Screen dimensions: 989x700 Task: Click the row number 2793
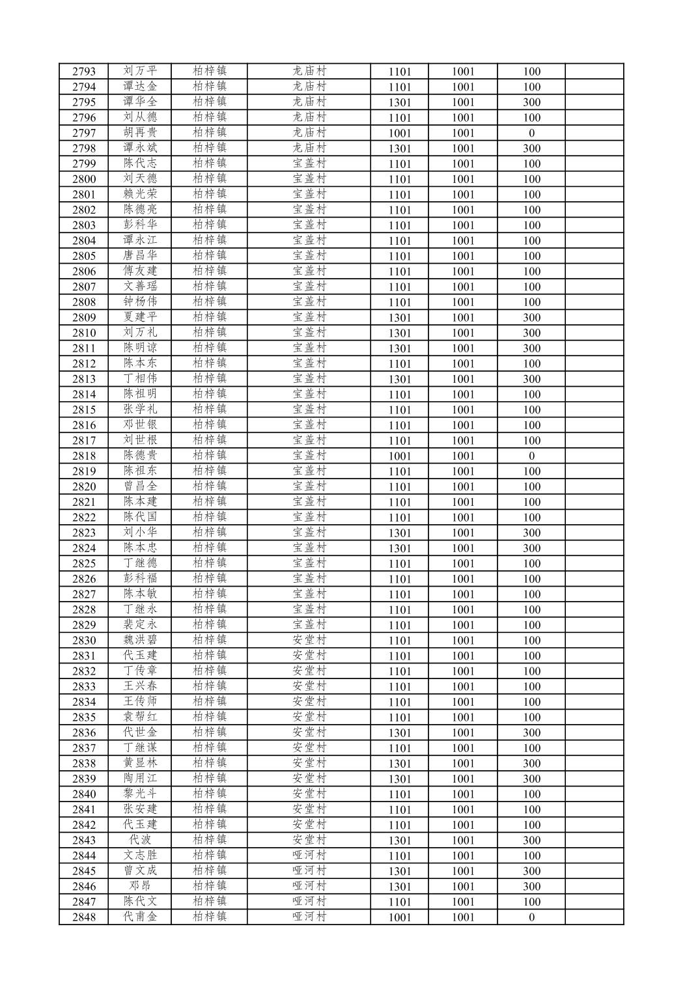point(84,72)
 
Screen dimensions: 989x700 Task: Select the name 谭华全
point(140,102)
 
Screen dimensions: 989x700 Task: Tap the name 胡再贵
point(140,133)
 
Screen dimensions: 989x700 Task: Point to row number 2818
point(84,456)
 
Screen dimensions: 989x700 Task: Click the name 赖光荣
point(140,194)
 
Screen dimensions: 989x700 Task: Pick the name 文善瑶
point(140,286)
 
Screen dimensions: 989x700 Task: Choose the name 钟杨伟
point(140,301)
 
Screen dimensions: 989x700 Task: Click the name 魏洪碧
point(140,640)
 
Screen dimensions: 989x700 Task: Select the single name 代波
point(140,840)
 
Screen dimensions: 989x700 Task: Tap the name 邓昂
point(140,886)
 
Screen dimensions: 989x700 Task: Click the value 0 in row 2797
point(531,133)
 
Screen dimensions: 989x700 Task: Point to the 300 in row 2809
point(531,317)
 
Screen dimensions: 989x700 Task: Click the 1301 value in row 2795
point(399,102)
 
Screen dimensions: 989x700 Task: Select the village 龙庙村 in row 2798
point(309,148)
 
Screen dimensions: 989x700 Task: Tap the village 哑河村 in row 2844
point(309,856)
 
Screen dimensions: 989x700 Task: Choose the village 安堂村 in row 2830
point(309,640)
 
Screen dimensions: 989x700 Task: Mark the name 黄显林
point(140,763)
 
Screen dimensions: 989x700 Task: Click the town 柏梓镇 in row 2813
point(210,378)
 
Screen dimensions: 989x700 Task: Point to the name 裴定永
point(140,625)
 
